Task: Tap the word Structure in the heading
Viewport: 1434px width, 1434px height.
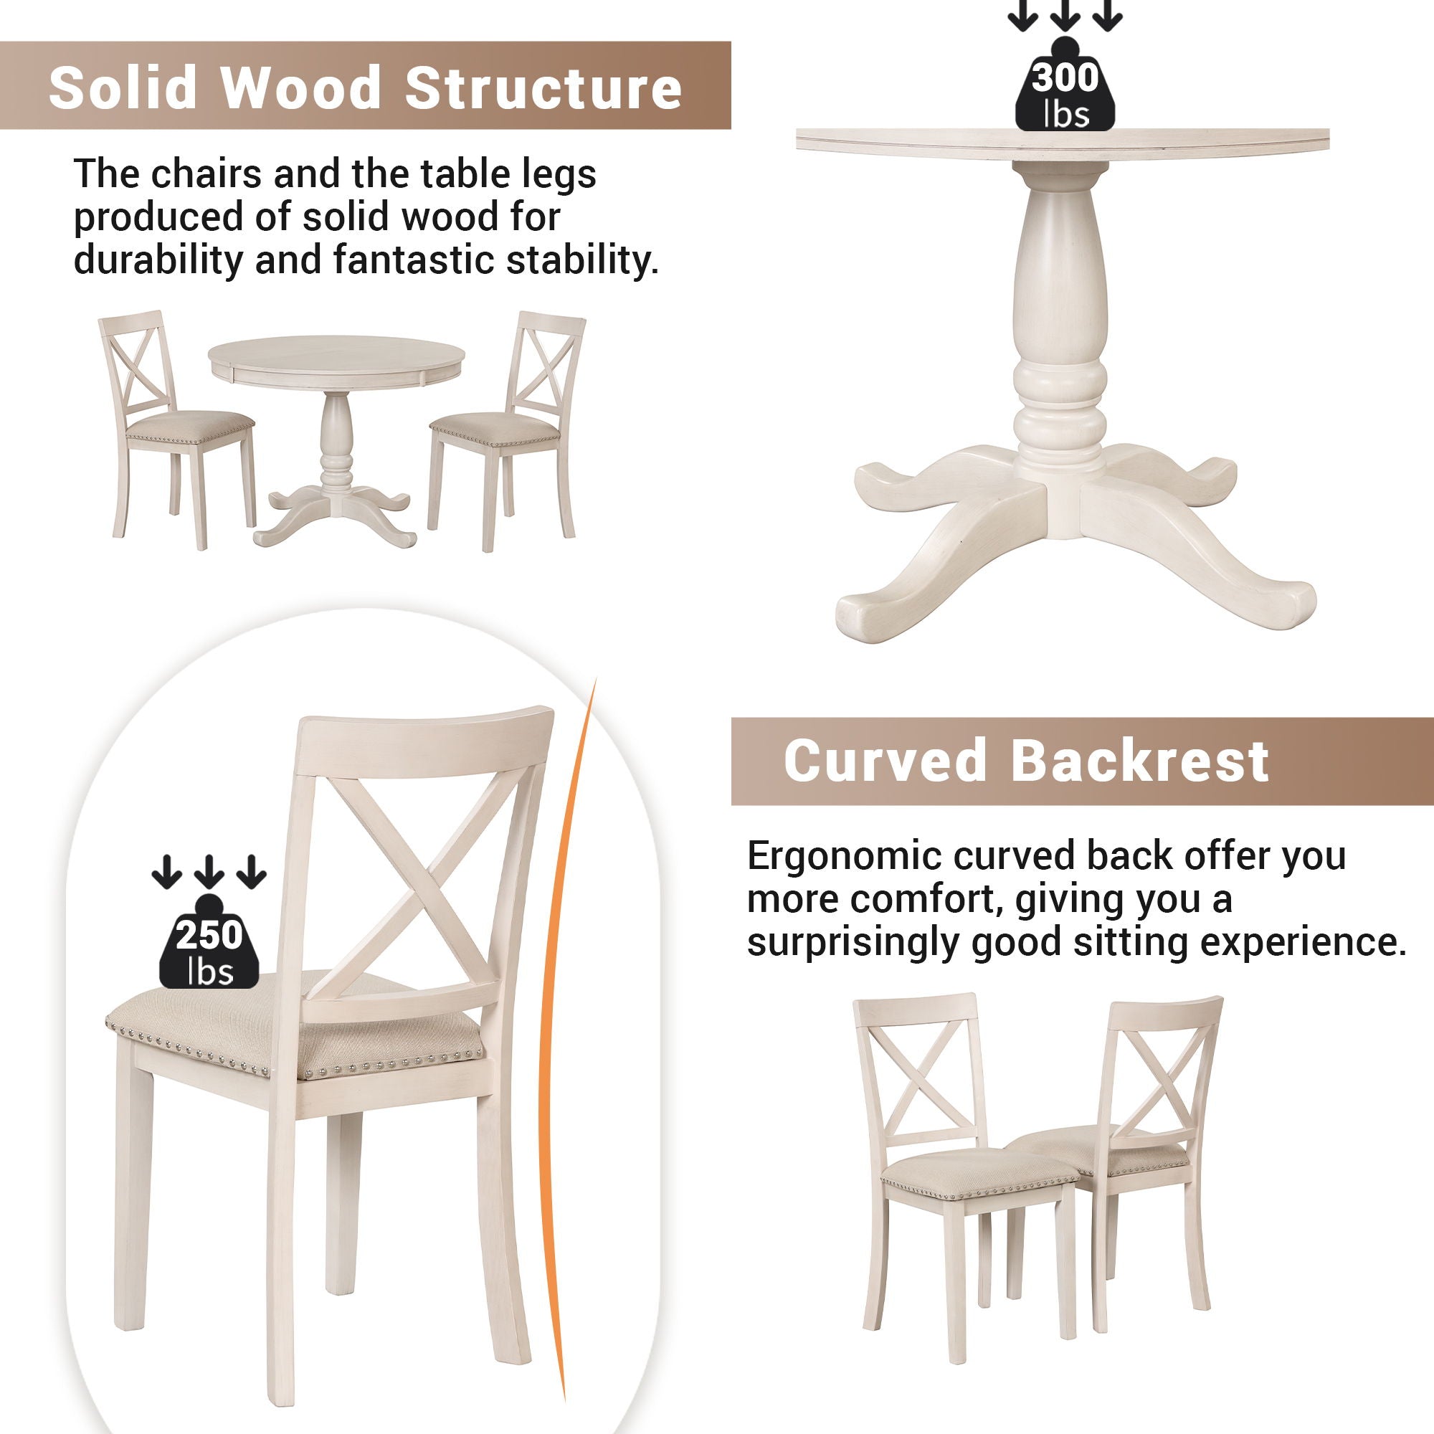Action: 543,87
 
